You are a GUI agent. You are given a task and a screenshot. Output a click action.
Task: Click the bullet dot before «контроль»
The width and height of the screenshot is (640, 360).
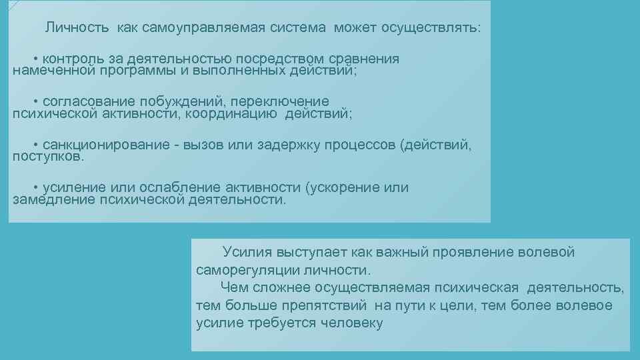pos(36,59)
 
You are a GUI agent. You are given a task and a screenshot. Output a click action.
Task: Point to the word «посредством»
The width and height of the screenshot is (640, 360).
pos(262,59)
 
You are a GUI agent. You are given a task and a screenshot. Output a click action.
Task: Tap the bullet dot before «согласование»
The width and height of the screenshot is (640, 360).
pos(36,102)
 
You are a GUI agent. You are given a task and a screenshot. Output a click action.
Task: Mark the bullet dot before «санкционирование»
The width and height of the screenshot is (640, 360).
pos(36,145)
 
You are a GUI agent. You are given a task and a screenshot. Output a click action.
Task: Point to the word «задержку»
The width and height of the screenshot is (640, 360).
pos(285,145)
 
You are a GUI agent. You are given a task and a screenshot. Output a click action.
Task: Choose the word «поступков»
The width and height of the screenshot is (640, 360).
pos(48,157)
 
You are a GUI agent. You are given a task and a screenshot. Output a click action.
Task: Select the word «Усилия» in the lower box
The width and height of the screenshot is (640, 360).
pos(244,253)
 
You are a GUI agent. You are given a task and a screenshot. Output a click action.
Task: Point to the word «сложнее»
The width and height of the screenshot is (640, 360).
pos(274,288)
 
